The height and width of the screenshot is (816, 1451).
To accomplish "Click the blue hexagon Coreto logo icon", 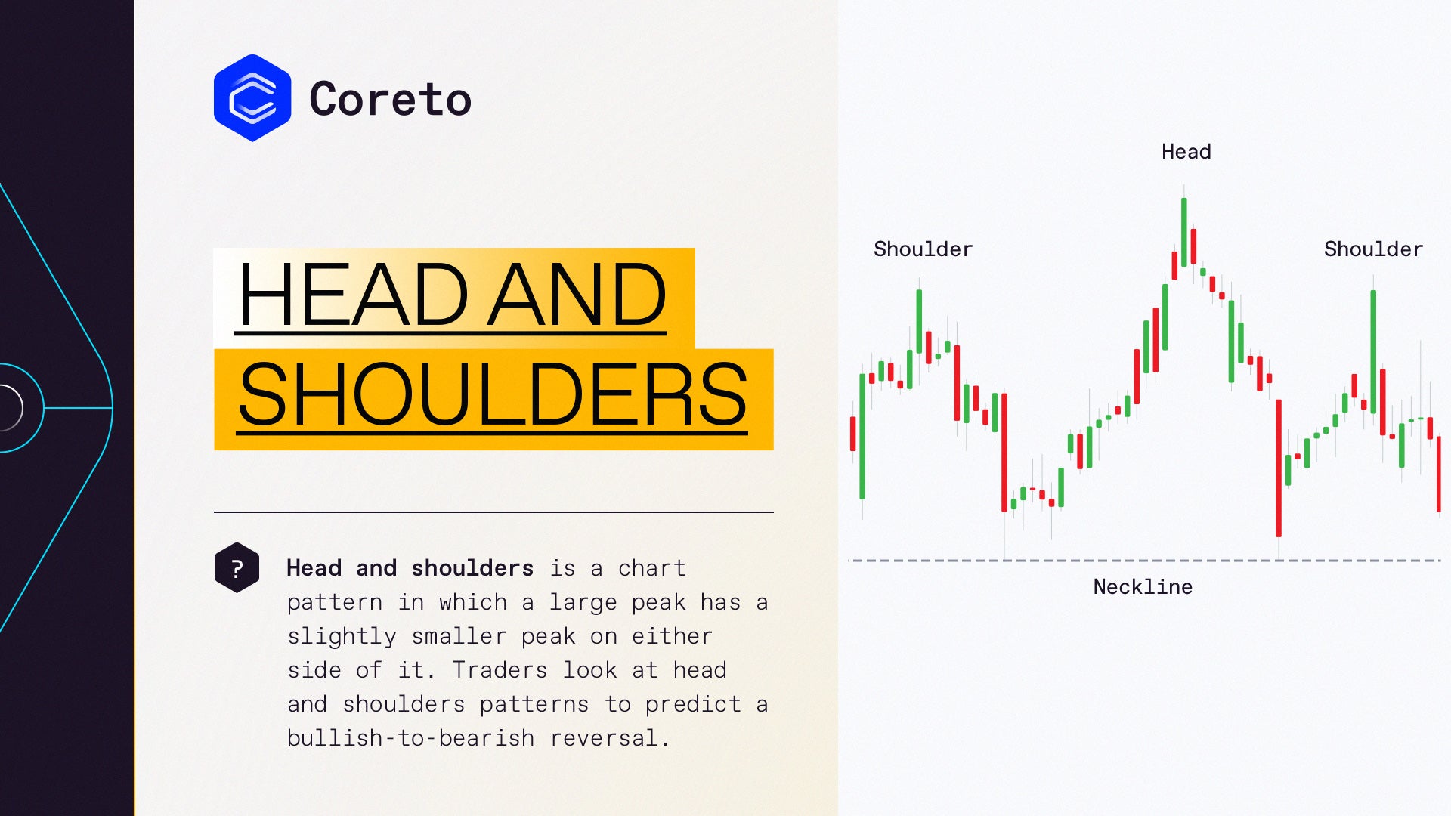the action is (252, 98).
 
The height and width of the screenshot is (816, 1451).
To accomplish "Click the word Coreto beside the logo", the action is (391, 100).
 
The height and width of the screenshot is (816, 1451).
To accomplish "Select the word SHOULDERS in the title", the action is (493, 394).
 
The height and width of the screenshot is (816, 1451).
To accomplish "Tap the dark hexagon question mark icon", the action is (237, 567).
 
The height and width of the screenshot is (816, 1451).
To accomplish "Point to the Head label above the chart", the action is (1186, 152).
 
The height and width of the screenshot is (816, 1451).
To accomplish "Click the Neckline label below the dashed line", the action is (1143, 587).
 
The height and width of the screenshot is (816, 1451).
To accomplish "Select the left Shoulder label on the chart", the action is (923, 249).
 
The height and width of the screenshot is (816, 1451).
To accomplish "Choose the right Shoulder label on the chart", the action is (1373, 249).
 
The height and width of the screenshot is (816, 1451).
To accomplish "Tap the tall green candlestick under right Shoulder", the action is (1373, 351).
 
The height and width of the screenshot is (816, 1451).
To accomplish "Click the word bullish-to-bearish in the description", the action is (410, 738).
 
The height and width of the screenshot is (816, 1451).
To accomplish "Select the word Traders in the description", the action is (500, 670).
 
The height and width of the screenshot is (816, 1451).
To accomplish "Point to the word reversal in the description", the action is (610, 738).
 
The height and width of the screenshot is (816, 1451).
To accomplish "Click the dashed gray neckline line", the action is (1144, 561).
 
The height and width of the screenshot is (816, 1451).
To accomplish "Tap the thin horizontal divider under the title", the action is (493, 512).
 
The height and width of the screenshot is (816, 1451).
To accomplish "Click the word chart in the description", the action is (652, 568).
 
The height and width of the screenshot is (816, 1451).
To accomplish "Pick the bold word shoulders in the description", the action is (472, 568).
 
